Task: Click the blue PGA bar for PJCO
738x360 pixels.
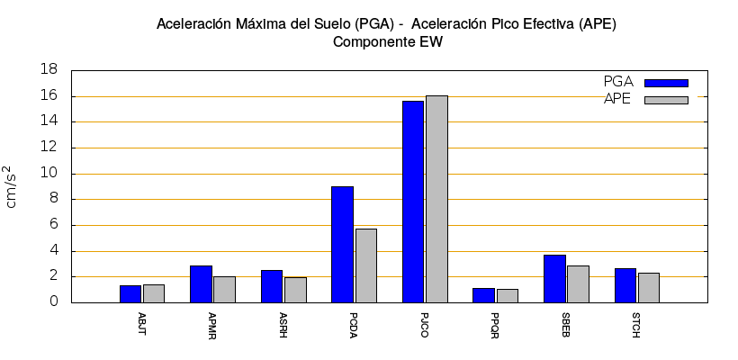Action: [x=413, y=202]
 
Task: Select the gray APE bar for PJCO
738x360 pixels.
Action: [x=436, y=199]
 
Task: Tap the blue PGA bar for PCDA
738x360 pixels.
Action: [x=342, y=244]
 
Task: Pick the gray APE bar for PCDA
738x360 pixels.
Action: [x=366, y=265]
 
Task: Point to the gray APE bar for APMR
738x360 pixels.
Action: [x=224, y=289]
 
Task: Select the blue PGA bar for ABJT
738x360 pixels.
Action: [x=130, y=293]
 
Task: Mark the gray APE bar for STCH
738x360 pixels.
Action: [x=649, y=287]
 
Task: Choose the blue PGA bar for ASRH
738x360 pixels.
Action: [x=272, y=286]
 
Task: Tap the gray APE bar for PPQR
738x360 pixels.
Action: [x=508, y=295]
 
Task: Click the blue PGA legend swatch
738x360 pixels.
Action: [x=666, y=83]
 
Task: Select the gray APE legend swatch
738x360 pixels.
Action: [x=666, y=100]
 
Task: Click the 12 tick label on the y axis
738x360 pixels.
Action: [x=51, y=148]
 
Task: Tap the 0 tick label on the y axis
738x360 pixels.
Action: [x=55, y=302]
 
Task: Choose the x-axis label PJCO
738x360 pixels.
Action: [x=424, y=324]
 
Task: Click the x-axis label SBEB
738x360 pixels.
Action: [x=565, y=324]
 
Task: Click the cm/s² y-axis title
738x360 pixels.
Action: [x=12, y=186]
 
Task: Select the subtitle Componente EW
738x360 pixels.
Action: [x=387, y=41]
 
